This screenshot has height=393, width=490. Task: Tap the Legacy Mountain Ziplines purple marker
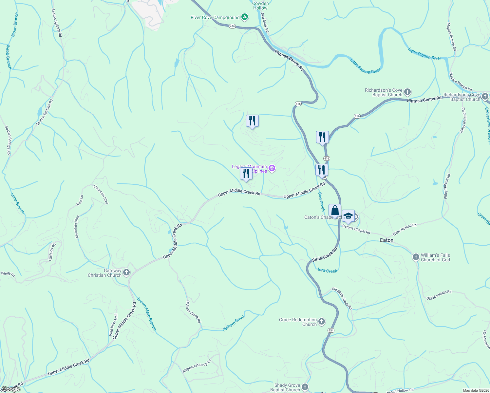272,169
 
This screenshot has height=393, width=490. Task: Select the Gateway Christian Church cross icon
126,272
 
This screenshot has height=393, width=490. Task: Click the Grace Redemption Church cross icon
322,322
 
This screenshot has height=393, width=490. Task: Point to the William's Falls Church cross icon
416,257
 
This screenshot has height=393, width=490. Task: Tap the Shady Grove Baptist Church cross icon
305,387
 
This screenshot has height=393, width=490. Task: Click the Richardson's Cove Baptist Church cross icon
407,92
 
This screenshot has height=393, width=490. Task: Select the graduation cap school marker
348,216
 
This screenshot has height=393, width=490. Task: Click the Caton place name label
386,240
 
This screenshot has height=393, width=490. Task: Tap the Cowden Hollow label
260,6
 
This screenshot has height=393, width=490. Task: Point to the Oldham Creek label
234,324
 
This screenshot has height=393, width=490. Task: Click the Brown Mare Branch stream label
146,313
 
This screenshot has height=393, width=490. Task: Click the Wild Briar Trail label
113,325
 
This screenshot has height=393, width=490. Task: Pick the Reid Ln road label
80,200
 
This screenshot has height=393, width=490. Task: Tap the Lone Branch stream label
17,203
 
